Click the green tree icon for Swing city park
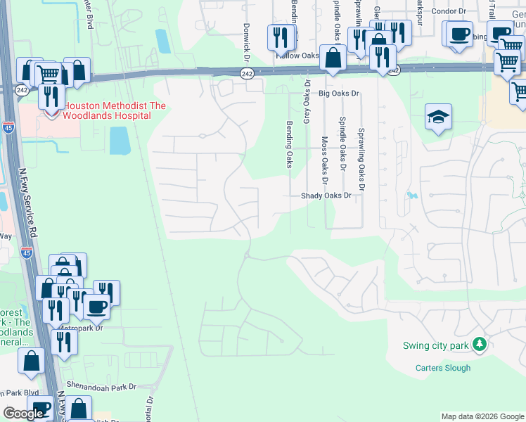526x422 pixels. pyautogui.click(x=480, y=344)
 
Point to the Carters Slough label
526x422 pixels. pyautogui.click(x=442, y=368)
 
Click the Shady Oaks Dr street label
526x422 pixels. pyautogui.click(x=326, y=196)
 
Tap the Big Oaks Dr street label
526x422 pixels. pyautogui.click(x=339, y=93)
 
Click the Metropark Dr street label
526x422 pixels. pyautogui.click(x=82, y=328)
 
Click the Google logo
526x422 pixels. pyautogui.click(x=23, y=414)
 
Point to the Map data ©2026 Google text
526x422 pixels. pyautogui.click(x=482, y=416)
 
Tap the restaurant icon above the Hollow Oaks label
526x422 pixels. pyautogui.click(x=281, y=36)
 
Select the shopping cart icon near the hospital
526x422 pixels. pyautogui.click(x=48, y=72)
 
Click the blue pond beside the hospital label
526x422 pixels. pyautogui.click(x=119, y=140)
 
